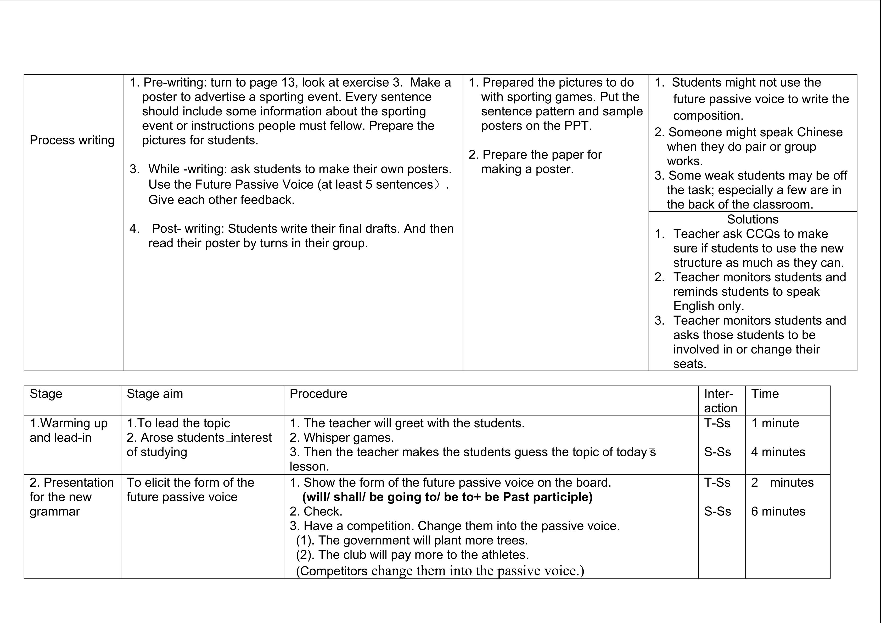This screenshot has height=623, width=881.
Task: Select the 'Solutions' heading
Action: tap(753, 220)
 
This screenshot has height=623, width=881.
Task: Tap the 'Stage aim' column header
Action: tap(155, 394)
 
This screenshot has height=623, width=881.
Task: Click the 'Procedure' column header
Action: tap(318, 394)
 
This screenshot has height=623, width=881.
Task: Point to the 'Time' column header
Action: tap(765, 394)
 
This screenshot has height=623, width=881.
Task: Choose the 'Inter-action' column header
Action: tap(720, 401)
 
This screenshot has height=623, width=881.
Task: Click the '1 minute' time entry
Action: tap(775, 423)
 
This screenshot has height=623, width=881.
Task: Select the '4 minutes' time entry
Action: tap(778, 452)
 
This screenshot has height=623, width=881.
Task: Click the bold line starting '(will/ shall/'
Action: tap(447, 497)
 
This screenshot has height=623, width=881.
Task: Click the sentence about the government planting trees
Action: tap(412, 541)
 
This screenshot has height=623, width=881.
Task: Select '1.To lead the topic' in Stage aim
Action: tap(178, 423)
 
